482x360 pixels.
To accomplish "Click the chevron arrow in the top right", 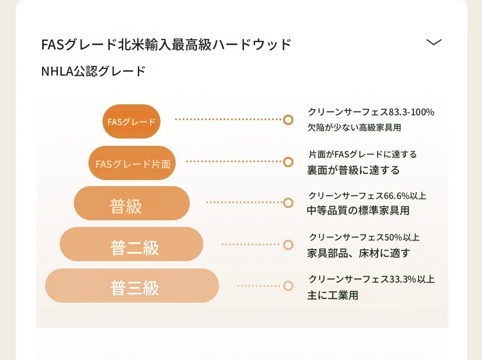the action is pyautogui.click(x=434, y=42).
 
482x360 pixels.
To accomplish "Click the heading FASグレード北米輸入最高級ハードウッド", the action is pyautogui.click(x=166, y=45).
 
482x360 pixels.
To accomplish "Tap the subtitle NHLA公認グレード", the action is pyautogui.click(x=93, y=71).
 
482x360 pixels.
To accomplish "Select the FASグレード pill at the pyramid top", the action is pyautogui.click(x=132, y=121).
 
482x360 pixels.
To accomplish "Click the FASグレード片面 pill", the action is pyautogui.click(x=132, y=163).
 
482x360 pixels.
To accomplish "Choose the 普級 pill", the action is pyautogui.click(x=132, y=203).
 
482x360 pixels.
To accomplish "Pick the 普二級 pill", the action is pyautogui.click(x=132, y=244).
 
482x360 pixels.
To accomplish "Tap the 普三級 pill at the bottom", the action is pyautogui.click(x=132, y=286).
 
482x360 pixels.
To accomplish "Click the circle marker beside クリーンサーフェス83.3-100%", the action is pyautogui.click(x=288, y=120).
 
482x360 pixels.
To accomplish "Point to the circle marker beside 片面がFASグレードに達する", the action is pyautogui.click(x=288, y=162).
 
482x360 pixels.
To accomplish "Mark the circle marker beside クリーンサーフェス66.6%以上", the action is pyautogui.click(x=288, y=203).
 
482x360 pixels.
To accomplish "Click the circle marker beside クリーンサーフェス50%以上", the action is pyautogui.click(x=288, y=245).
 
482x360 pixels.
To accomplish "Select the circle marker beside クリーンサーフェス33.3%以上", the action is pyautogui.click(x=288, y=286).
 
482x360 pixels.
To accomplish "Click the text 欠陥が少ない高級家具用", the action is pyautogui.click(x=354, y=128).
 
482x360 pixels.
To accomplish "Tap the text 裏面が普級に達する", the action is pyautogui.click(x=353, y=170).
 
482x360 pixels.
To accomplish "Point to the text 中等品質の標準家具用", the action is pyautogui.click(x=358, y=211).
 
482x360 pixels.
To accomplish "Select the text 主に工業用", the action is pyautogui.click(x=333, y=295).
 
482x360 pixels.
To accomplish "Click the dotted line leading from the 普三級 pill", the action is pyautogui.click(x=259, y=286).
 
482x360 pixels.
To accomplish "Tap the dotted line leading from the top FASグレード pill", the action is pyautogui.click(x=228, y=119).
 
